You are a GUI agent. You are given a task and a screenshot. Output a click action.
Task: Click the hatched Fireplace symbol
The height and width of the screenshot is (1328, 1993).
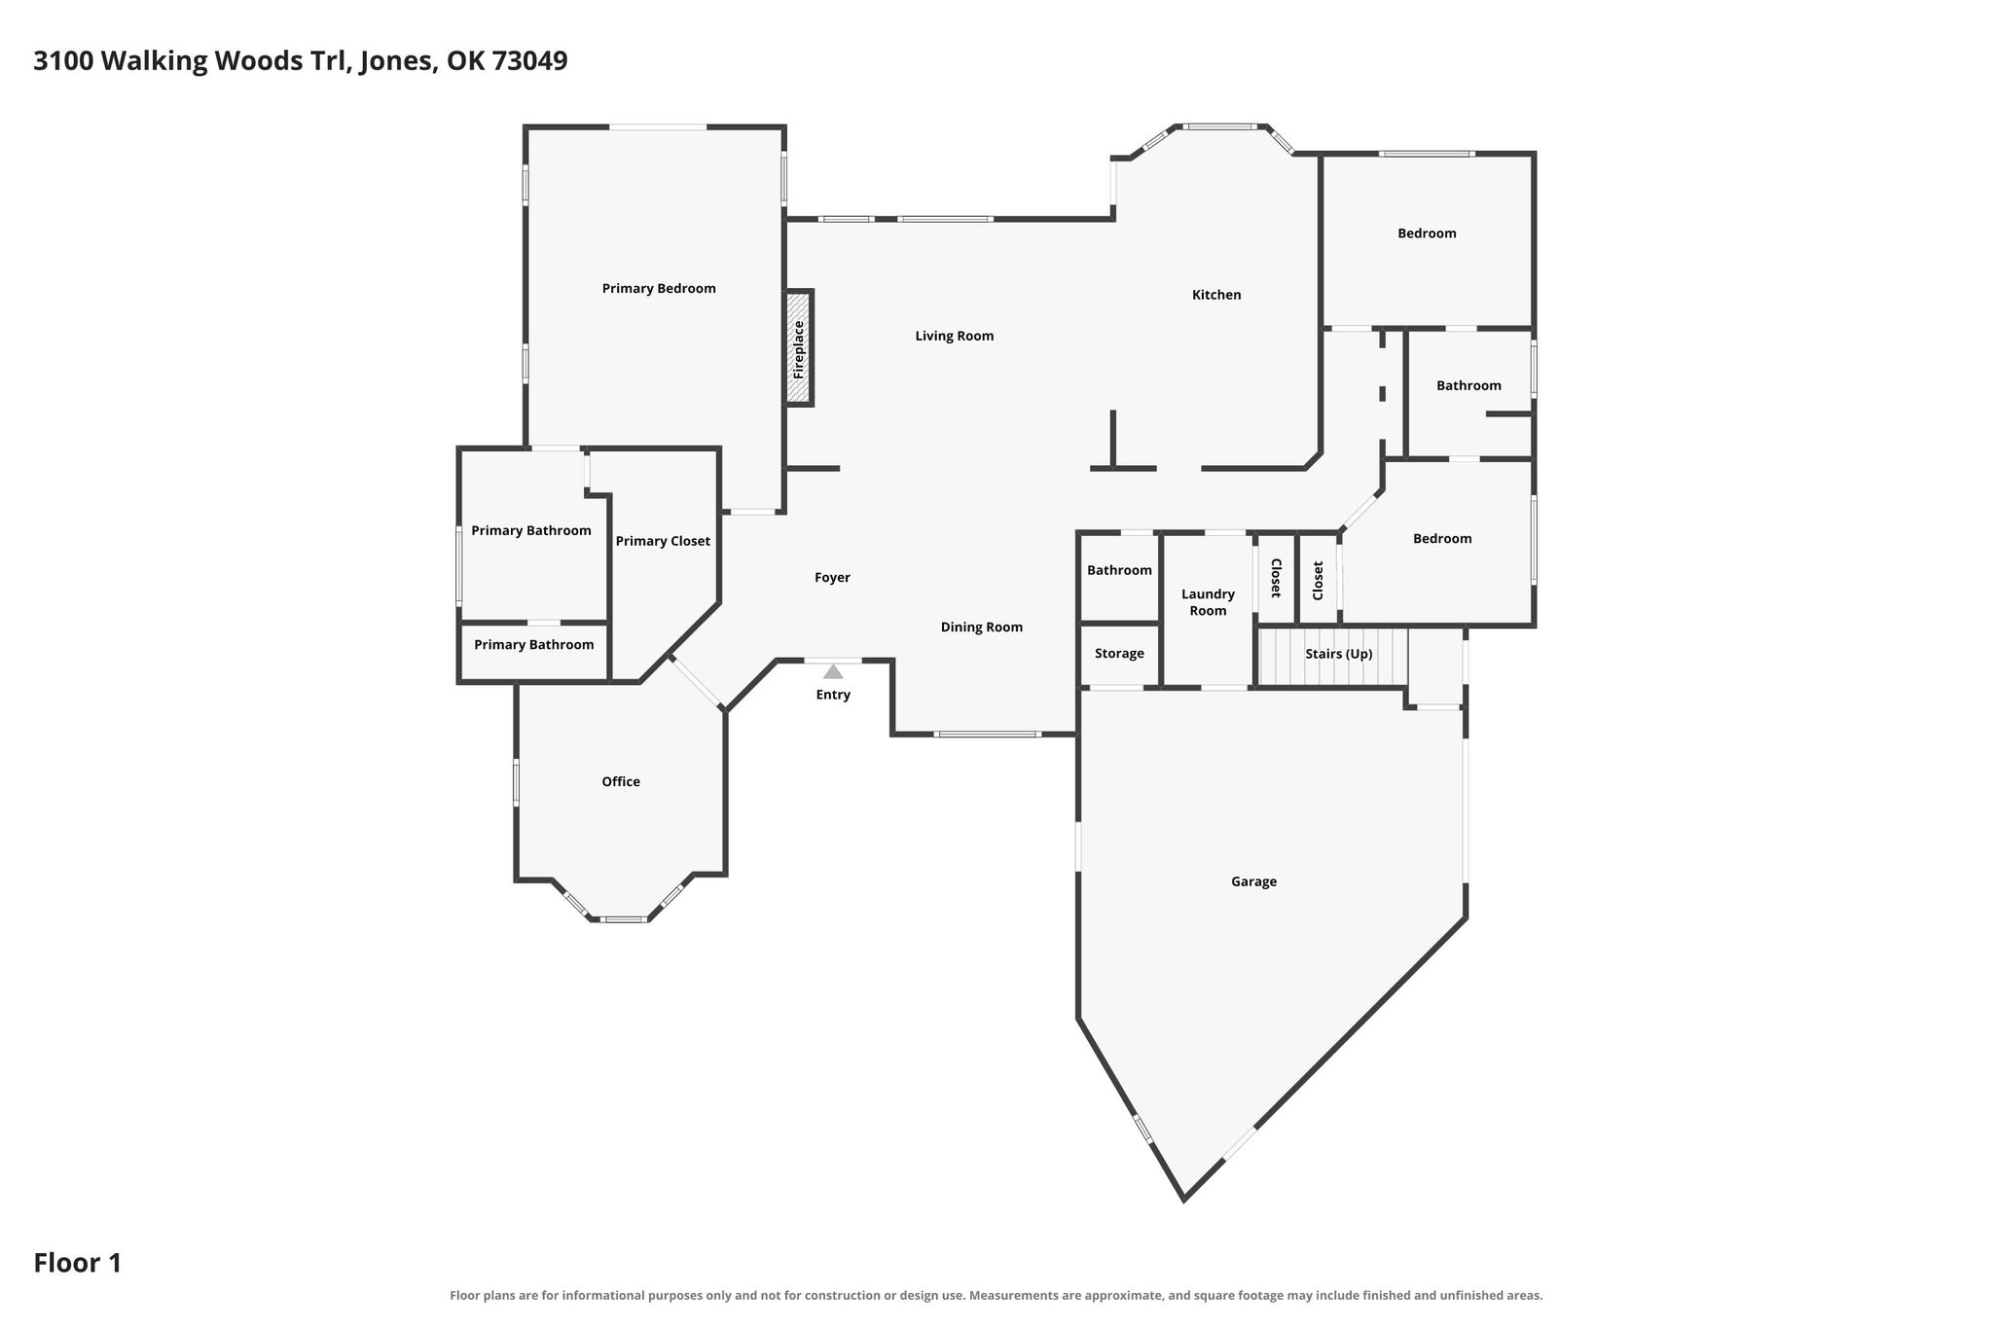pyautogui.click(x=799, y=347)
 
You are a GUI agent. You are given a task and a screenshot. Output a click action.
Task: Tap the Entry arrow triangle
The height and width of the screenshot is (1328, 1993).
pyautogui.click(x=833, y=671)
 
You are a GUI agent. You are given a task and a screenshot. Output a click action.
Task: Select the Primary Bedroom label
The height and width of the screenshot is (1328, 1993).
pyautogui.click(x=659, y=289)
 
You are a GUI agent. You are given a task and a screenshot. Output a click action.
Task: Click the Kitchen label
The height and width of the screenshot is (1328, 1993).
pyautogui.click(x=1216, y=295)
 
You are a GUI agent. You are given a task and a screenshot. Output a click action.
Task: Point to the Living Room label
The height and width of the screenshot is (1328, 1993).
pyautogui.click(x=955, y=337)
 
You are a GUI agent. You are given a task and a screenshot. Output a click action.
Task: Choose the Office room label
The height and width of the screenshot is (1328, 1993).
pyautogui.click(x=621, y=782)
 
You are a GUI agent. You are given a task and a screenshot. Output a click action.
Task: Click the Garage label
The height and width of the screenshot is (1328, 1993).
pyautogui.click(x=1253, y=882)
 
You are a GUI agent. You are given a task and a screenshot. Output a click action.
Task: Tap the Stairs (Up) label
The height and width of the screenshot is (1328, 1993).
pyautogui.click(x=1339, y=654)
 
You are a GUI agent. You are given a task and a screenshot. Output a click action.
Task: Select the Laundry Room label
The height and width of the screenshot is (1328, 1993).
pyautogui.click(x=1208, y=602)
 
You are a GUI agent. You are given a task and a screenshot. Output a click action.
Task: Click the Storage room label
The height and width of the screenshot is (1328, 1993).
pyautogui.click(x=1119, y=654)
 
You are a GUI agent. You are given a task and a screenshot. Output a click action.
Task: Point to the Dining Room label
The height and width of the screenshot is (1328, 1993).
pyautogui.click(x=982, y=628)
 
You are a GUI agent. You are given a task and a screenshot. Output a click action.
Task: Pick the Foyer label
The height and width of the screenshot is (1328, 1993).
pyautogui.click(x=832, y=578)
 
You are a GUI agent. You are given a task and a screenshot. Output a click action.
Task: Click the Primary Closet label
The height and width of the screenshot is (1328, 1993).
pyautogui.click(x=663, y=542)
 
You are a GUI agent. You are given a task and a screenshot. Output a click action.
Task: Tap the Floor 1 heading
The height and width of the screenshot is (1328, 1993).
pyautogui.click(x=78, y=1263)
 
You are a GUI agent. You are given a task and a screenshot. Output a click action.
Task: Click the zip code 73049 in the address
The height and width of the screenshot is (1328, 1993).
pyautogui.click(x=529, y=61)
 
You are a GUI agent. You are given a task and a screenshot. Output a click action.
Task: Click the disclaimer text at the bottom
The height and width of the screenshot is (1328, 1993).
pyautogui.click(x=996, y=1295)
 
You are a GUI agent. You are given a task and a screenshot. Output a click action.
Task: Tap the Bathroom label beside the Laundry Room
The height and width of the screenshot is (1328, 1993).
pyautogui.click(x=1119, y=571)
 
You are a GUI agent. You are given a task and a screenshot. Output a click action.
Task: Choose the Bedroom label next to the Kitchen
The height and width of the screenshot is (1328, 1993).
pyautogui.click(x=1427, y=233)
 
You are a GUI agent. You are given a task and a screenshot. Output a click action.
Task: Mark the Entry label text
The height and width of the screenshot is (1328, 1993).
pyautogui.click(x=833, y=696)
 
